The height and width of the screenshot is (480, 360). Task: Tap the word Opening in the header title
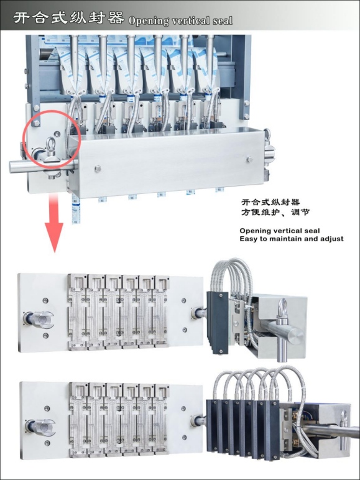[147, 21]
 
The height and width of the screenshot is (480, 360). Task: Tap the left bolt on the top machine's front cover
[98, 167]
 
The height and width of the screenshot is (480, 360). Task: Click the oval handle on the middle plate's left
[38, 320]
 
